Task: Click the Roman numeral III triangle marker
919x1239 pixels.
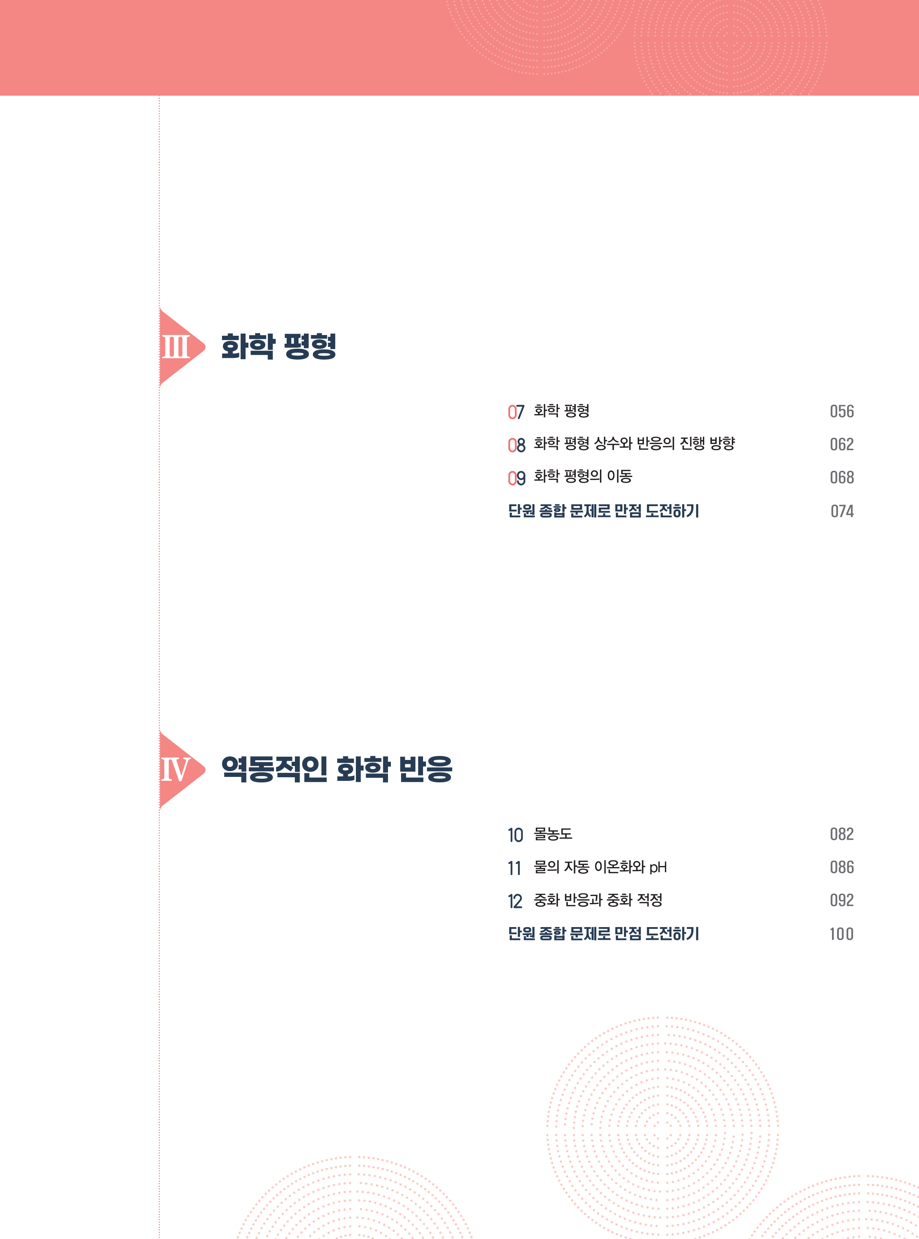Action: click(x=178, y=347)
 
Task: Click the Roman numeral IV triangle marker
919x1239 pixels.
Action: click(x=178, y=769)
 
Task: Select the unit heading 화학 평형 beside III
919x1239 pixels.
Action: click(x=279, y=346)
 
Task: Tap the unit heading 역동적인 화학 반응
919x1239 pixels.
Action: click(x=336, y=769)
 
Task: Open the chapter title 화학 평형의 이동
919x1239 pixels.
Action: click(x=583, y=476)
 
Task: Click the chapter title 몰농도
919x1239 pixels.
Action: click(x=553, y=834)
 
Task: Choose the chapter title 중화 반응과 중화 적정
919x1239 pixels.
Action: click(x=598, y=900)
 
